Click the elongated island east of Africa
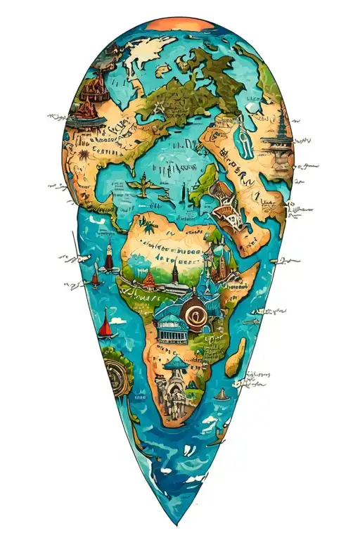point(238,356)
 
